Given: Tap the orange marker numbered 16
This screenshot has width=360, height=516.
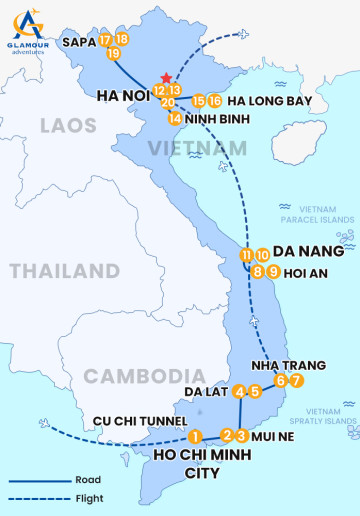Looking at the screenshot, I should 215,101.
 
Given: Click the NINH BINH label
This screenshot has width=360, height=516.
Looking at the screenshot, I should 217,119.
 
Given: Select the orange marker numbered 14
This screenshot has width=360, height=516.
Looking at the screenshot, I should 175,119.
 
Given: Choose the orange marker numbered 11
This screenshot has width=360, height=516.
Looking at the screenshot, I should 247,255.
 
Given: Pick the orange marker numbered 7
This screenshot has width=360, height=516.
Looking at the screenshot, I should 296,381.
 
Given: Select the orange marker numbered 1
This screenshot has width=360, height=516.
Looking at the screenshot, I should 196,436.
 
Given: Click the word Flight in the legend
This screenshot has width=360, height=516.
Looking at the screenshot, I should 88,498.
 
